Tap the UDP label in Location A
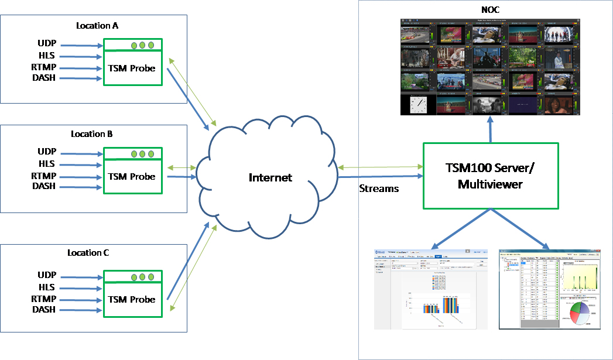click(46, 44)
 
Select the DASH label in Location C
click(44, 309)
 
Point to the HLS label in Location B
click(47, 164)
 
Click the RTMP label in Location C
click(44, 299)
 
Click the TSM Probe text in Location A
click(132, 68)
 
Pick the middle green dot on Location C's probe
click(142, 276)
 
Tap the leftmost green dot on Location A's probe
click(133, 45)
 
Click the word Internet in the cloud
click(270, 177)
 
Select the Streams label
click(379, 188)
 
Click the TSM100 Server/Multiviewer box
click(490, 176)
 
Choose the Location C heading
click(88, 252)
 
